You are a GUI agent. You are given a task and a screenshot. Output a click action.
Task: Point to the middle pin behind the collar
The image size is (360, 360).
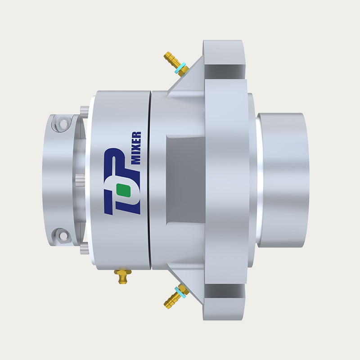(x=79, y=179)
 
